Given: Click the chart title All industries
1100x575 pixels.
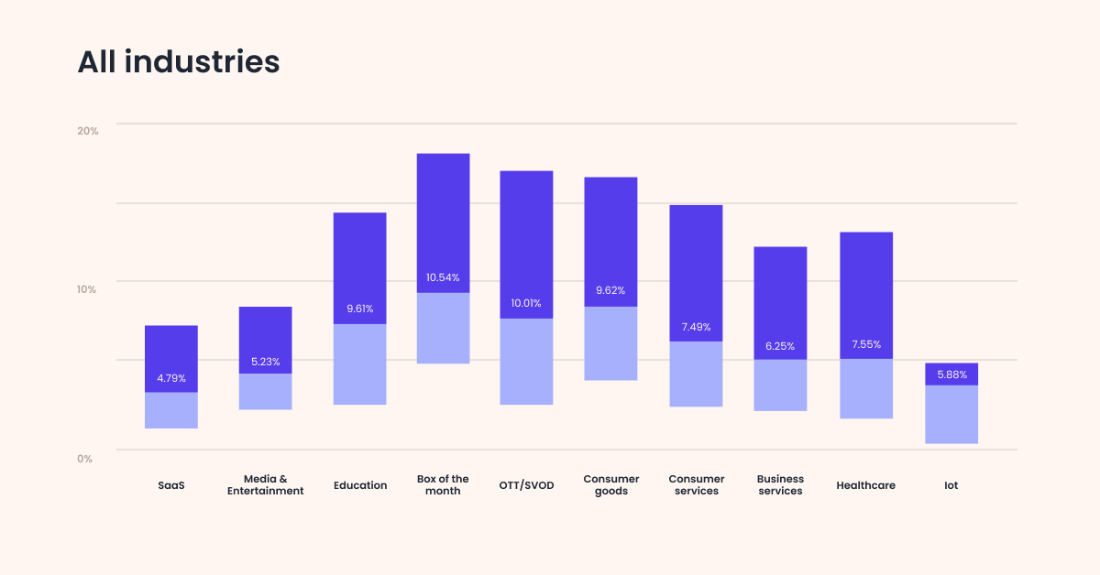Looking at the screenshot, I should (x=178, y=62).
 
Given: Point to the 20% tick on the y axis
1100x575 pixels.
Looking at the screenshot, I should (x=87, y=131).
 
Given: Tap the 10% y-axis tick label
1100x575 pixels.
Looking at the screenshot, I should (x=86, y=289).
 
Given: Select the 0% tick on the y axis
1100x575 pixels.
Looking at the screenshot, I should (x=84, y=458).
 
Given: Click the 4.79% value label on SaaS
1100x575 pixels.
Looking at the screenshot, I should (x=170, y=378).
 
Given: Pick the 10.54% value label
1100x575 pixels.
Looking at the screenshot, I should (x=443, y=277).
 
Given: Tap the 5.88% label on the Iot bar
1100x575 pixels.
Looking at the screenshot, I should (x=951, y=374).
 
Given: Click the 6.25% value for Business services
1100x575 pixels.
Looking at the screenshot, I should (x=779, y=346).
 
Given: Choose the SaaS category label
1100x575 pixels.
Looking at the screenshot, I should (x=170, y=485).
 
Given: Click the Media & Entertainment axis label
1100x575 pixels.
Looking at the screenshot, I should (x=265, y=484).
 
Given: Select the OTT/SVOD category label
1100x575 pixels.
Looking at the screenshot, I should (x=526, y=485).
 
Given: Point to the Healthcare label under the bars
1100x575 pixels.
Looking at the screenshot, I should (x=865, y=485).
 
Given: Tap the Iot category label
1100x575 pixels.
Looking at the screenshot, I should (x=951, y=485).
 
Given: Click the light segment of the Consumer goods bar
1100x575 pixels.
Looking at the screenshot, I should (x=610, y=343).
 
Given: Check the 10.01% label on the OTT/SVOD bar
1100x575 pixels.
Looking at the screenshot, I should (x=526, y=303).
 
